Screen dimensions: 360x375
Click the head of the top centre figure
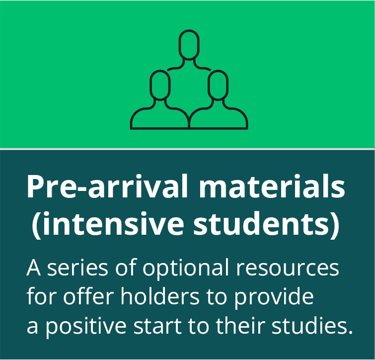point(189,45)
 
